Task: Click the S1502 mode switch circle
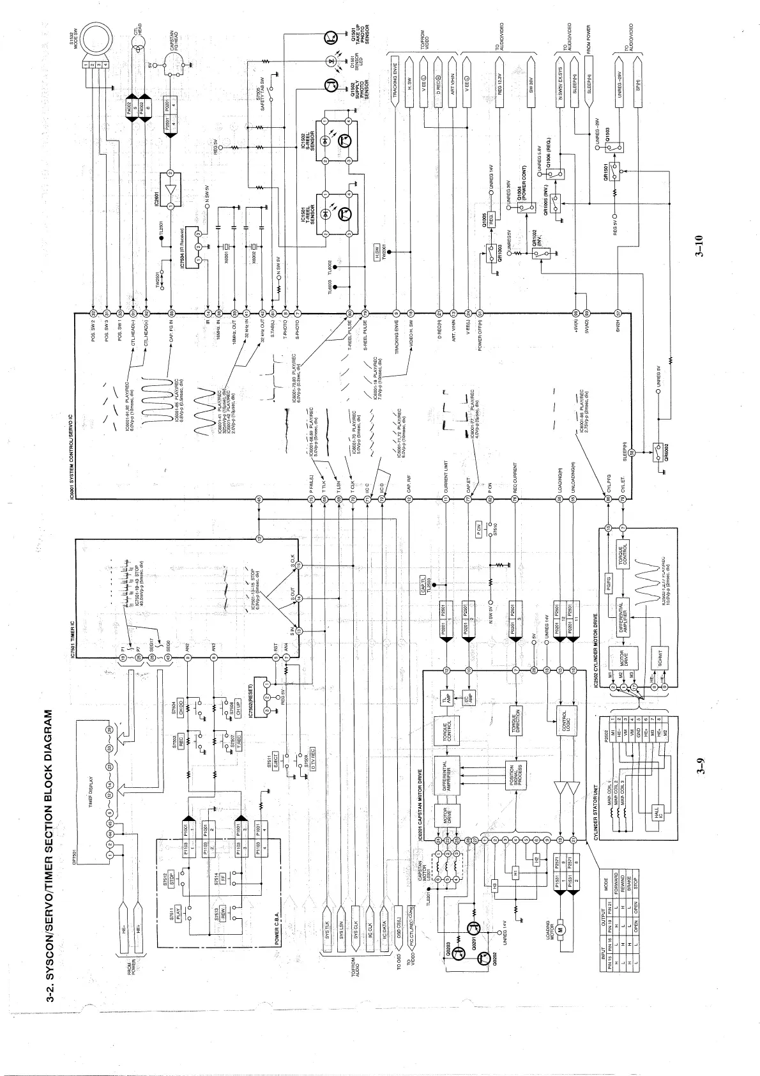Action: click(x=96, y=35)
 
